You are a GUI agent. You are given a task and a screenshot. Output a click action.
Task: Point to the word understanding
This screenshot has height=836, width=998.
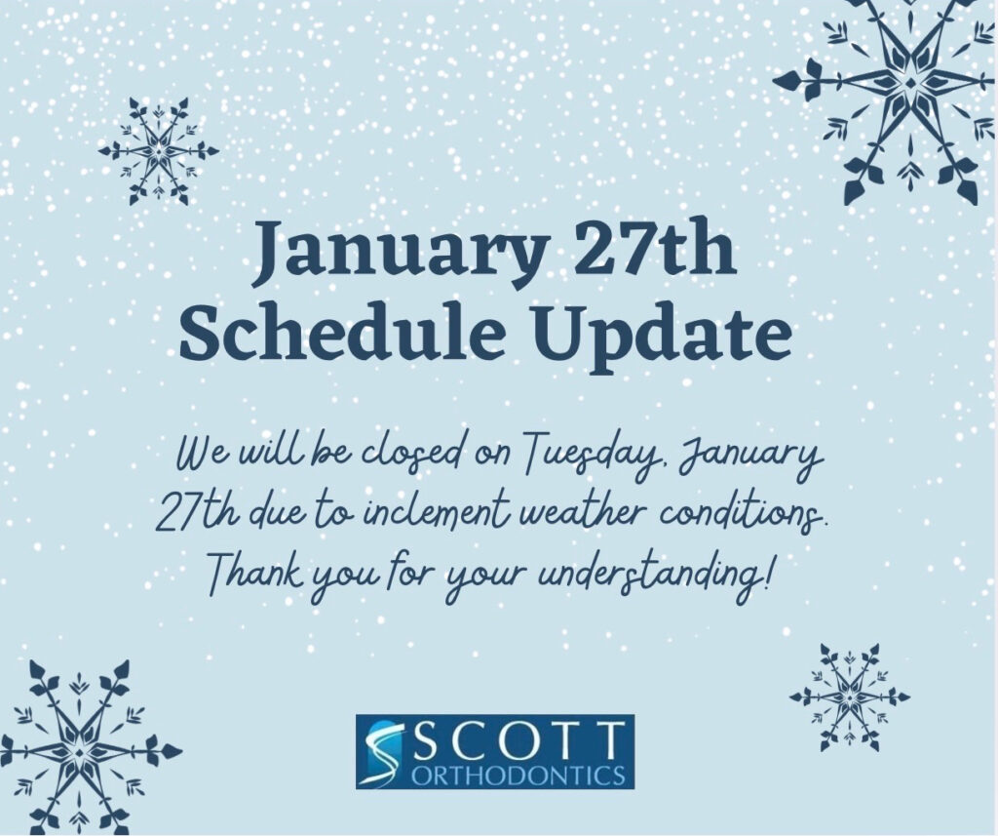pyautogui.click(x=649, y=574)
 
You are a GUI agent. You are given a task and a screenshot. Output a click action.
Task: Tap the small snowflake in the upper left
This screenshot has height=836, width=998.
pyautogui.click(x=159, y=151)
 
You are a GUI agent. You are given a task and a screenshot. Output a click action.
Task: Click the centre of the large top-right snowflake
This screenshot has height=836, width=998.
pyautogui.click(x=911, y=82)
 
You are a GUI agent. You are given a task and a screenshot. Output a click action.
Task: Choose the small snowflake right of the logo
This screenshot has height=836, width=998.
pyautogui.click(x=850, y=697)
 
